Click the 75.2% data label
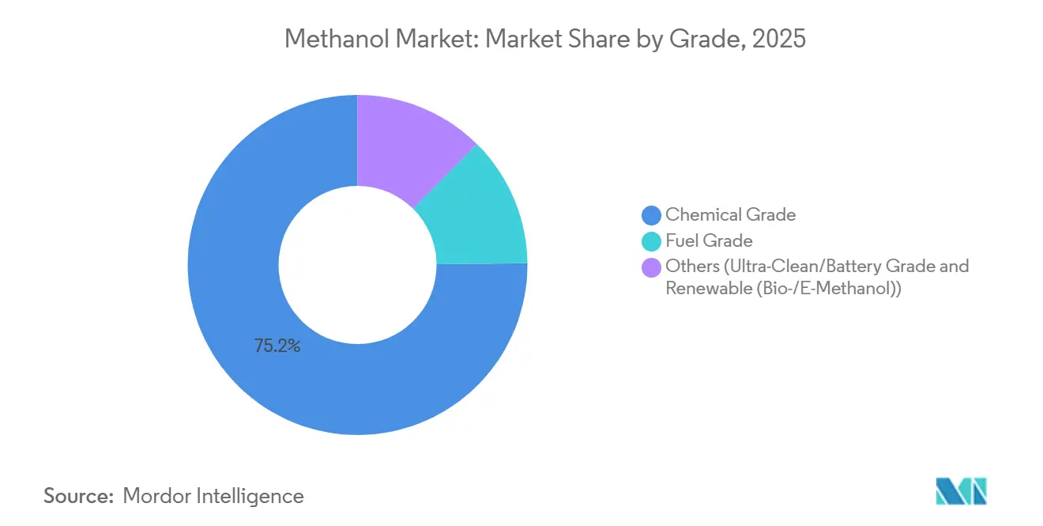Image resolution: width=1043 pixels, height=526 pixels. (277, 346)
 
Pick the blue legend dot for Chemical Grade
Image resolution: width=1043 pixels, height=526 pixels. (652, 215)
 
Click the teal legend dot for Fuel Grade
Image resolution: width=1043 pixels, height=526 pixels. (652, 241)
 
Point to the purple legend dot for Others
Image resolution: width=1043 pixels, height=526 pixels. (652, 267)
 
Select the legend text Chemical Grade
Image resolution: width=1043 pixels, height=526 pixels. (730, 214)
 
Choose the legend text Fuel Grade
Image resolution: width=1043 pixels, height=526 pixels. (709, 240)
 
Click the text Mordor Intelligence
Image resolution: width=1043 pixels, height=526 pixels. (213, 496)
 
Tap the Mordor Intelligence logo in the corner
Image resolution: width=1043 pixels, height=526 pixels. (961, 491)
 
